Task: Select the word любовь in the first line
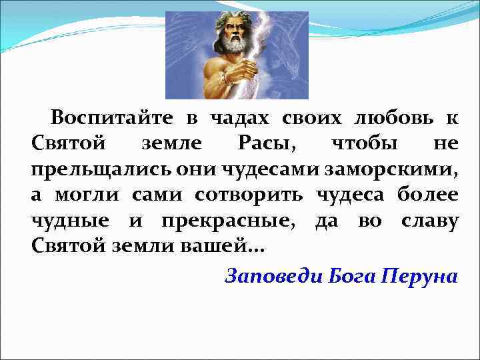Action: pos(388,119)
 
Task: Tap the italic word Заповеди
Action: pos(273,275)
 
